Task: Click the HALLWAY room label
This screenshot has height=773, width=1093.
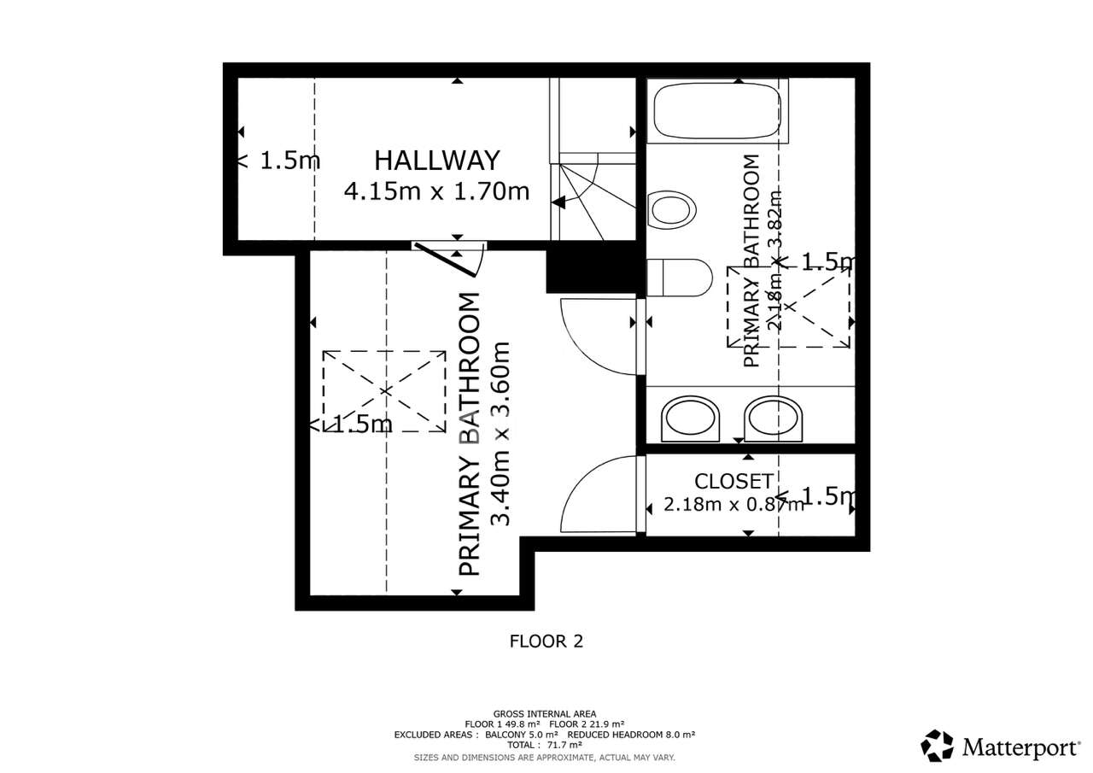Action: pyautogui.click(x=436, y=160)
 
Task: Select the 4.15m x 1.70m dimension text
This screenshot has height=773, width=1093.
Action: pyautogui.click(x=436, y=190)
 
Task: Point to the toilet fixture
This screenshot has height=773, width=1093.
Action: pyautogui.click(x=679, y=278)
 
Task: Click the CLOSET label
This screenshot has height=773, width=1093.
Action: pyautogui.click(x=734, y=481)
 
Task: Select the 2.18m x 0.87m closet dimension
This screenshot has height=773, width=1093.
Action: pyautogui.click(x=734, y=504)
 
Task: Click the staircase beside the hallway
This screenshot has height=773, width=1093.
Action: pyautogui.click(x=596, y=196)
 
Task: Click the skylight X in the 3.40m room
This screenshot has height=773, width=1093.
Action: pyautogui.click(x=384, y=390)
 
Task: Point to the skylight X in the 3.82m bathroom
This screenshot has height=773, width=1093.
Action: pyautogui.click(x=789, y=306)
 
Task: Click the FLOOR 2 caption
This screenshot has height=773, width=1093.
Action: pyautogui.click(x=546, y=641)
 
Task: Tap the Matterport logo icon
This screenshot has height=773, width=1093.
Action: pyautogui.click(x=937, y=746)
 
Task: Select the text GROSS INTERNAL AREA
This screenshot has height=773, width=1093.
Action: pyautogui.click(x=545, y=714)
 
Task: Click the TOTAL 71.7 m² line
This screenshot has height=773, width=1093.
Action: pyautogui.click(x=545, y=745)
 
